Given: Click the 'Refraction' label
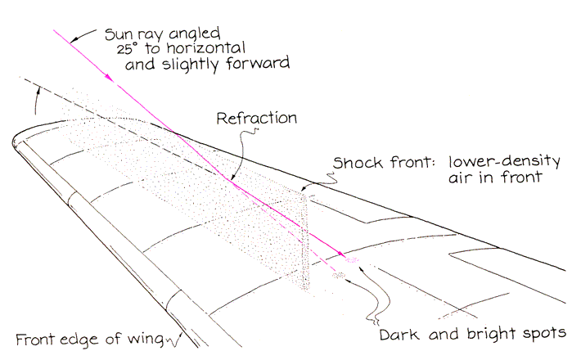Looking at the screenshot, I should pyautogui.click(x=256, y=118).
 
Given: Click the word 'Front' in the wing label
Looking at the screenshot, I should pyautogui.click(x=35, y=340).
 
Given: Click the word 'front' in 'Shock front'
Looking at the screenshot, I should pyautogui.click(x=401, y=160).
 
